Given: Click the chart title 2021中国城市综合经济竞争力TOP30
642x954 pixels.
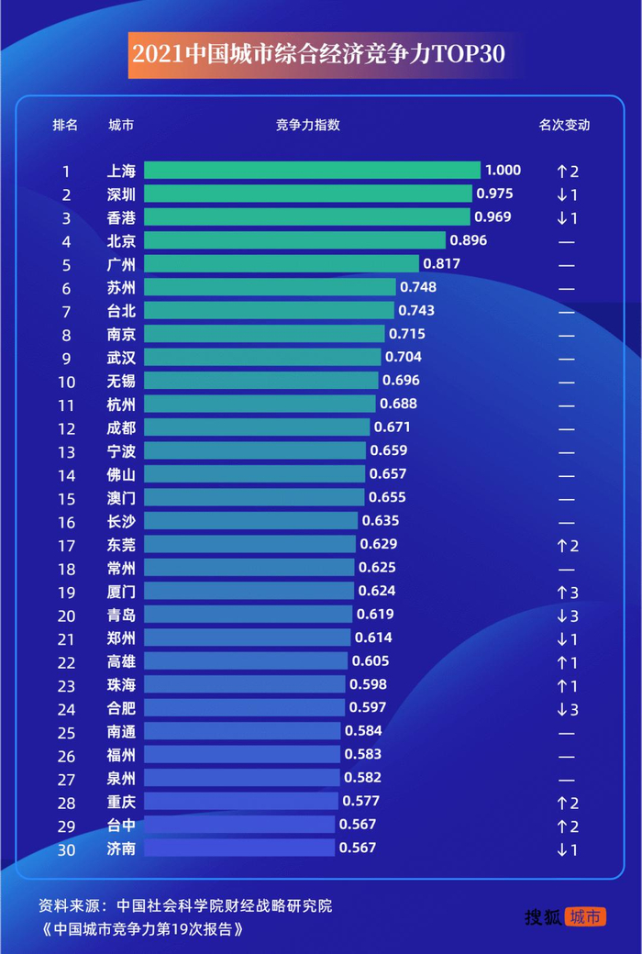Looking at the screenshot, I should tap(318, 53).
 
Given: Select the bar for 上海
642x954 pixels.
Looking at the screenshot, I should tap(312, 171).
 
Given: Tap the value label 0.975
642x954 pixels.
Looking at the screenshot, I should tap(494, 194).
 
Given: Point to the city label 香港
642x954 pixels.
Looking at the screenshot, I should tap(121, 217).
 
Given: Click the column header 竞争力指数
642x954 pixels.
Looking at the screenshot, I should tap(307, 125).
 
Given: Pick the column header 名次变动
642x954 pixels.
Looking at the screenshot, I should tap(564, 125).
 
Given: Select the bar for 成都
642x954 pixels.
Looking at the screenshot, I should tap(258, 427).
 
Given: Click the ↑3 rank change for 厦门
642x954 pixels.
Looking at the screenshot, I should tap(566, 592).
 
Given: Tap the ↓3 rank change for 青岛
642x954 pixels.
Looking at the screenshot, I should tap(566, 616).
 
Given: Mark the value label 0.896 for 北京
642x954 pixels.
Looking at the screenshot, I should tap(468, 240).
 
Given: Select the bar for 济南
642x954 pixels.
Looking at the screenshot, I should tap(239, 849).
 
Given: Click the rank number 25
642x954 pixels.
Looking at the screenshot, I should tap(66, 732).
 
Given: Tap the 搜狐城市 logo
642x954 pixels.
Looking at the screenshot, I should tap(565, 916).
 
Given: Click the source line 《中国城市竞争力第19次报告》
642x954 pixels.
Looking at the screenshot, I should tap(142, 928).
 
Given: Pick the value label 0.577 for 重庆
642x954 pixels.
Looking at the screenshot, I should tap(360, 801).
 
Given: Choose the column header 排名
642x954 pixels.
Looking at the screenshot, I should tap(65, 125).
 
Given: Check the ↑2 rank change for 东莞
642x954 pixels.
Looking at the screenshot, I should tap(566, 546).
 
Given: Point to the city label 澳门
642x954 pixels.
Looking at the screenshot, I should tap(121, 498).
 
